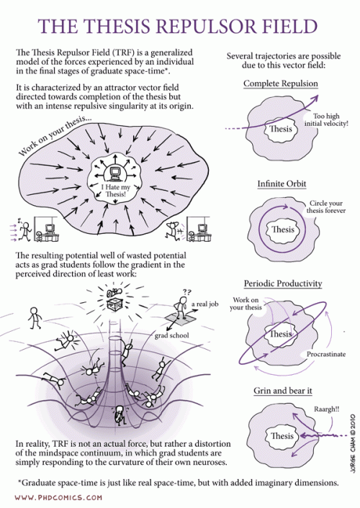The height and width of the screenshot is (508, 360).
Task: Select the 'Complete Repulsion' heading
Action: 281,84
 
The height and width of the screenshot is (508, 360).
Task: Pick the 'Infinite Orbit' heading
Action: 281,184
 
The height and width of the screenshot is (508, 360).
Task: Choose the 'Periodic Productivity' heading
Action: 283,284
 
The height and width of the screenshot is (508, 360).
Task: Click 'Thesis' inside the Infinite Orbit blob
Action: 282,230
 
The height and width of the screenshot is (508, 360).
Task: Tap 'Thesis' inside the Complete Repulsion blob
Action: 280,130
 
